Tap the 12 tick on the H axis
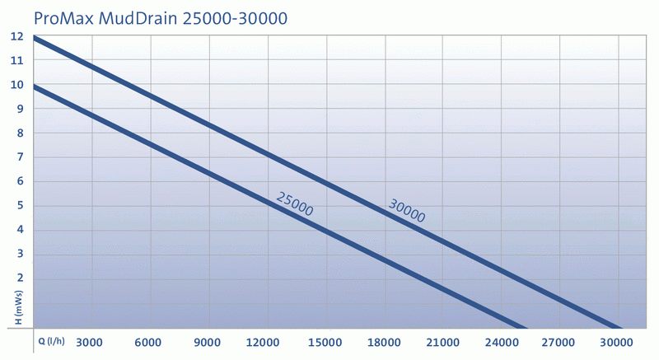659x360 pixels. click(17, 36)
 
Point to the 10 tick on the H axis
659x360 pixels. click(17, 85)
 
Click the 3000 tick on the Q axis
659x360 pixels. click(88, 343)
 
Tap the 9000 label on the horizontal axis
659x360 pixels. click(208, 343)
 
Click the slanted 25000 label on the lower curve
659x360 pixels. click(294, 203)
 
